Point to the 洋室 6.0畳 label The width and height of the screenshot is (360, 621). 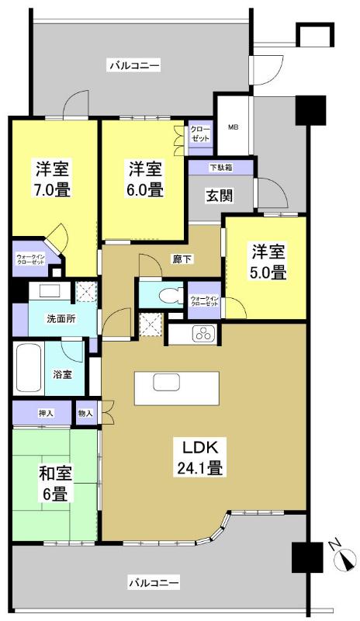pyautogui.click(x=145, y=178)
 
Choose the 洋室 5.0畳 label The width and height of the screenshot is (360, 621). pyautogui.click(x=268, y=262)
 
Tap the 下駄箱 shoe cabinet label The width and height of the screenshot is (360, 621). pyautogui.click(x=220, y=167)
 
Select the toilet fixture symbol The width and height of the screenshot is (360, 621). pyautogui.click(x=161, y=295)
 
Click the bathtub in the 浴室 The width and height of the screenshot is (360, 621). pyautogui.click(x=29, y=366)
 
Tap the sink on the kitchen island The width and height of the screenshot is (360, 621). pyautogui.click(x=166, y=383)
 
